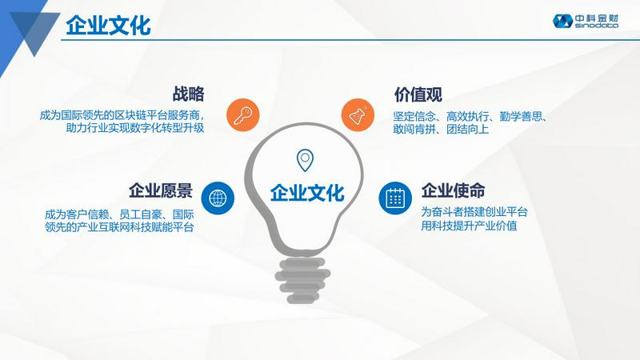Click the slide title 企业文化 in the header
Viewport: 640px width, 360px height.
108,26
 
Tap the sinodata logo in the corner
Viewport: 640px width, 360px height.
586,21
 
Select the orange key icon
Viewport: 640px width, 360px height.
243,115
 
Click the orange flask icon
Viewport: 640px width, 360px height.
358,115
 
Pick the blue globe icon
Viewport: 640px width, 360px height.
218,198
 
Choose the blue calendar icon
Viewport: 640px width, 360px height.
394,198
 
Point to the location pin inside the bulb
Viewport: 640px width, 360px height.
305,160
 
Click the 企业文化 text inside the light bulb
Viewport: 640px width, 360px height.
307,193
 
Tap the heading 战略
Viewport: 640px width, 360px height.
188,94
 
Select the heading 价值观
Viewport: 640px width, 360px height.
418,94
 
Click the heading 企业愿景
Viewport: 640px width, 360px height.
161,190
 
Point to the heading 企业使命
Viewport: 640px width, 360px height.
453,190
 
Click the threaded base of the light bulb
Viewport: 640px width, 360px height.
302,281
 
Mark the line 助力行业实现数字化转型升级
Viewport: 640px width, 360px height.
135,128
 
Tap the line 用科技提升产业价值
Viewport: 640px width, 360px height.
469,226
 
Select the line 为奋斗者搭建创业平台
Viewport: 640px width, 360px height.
474,212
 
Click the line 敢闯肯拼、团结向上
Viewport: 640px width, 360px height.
441,130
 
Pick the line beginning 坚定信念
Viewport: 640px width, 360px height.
470,117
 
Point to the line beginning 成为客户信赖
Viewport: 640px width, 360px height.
119,214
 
